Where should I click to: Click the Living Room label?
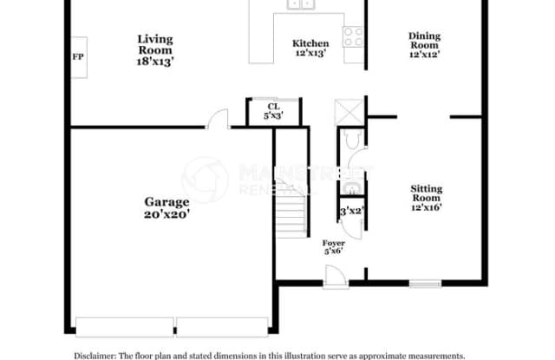click(x=155, y=45)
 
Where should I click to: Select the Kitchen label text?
click(x=310, y=43)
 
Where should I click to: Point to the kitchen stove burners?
click(x=353, y=36)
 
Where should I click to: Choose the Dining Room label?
click(x=425, y=41)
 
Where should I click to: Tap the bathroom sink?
click(x=351, y=189)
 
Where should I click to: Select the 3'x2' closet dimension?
click(x=350, y=211)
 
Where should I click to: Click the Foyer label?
click(x=333, y=243)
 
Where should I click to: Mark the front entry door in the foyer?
click(x=333, y=276)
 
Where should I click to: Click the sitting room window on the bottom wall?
click(x=425, y=282)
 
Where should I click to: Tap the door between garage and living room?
click(x=219, y=120)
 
